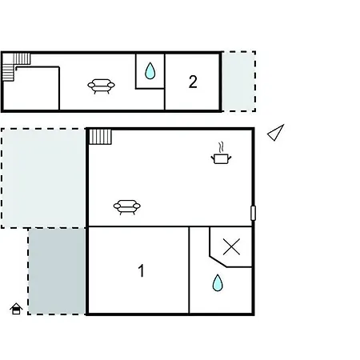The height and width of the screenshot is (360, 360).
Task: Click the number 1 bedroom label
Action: (x=142, y=270)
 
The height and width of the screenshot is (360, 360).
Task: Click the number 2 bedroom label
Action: (x=193, y=82)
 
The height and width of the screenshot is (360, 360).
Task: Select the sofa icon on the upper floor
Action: (x=101, y=86)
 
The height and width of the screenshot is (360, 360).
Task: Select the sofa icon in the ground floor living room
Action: (x=127, y=207)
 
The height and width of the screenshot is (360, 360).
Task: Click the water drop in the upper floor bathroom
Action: (x=150, y=70)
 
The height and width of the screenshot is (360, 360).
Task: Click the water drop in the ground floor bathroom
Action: (x=218, y=282)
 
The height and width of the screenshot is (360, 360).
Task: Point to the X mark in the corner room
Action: (x=231, y=246)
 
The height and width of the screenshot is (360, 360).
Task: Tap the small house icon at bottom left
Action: (x=16, y=309)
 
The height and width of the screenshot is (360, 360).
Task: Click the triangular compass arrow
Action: (x=276, y=133)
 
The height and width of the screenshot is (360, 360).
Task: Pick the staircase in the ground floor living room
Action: (x=100, y=137)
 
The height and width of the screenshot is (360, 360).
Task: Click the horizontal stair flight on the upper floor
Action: (x=22, y=58)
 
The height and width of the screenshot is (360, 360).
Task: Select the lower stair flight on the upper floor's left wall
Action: (x=8, y=73)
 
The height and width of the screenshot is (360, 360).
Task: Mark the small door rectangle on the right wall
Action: (x=253, y=213)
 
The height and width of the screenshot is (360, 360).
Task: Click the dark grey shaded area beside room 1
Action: (x=57, y=271)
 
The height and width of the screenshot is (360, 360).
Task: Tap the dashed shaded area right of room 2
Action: (x=238, y=82)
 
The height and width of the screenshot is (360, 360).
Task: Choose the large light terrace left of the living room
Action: (x=43, y=178)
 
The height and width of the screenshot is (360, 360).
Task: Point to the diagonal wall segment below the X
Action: (x=218, y=262)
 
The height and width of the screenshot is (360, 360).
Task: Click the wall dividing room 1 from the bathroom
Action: (x=189, y=270)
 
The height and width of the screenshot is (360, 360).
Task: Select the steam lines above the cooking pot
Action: (x=221, y=147)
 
